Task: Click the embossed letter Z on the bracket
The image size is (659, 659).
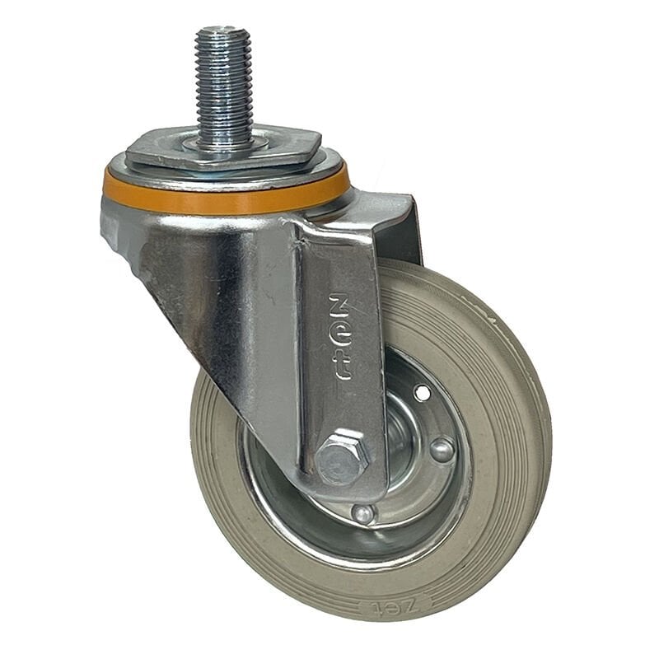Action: [x=340, y=304]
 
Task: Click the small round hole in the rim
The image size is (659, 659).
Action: [x=423, y=393]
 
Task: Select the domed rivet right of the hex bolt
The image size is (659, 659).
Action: [x=442, y=449]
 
